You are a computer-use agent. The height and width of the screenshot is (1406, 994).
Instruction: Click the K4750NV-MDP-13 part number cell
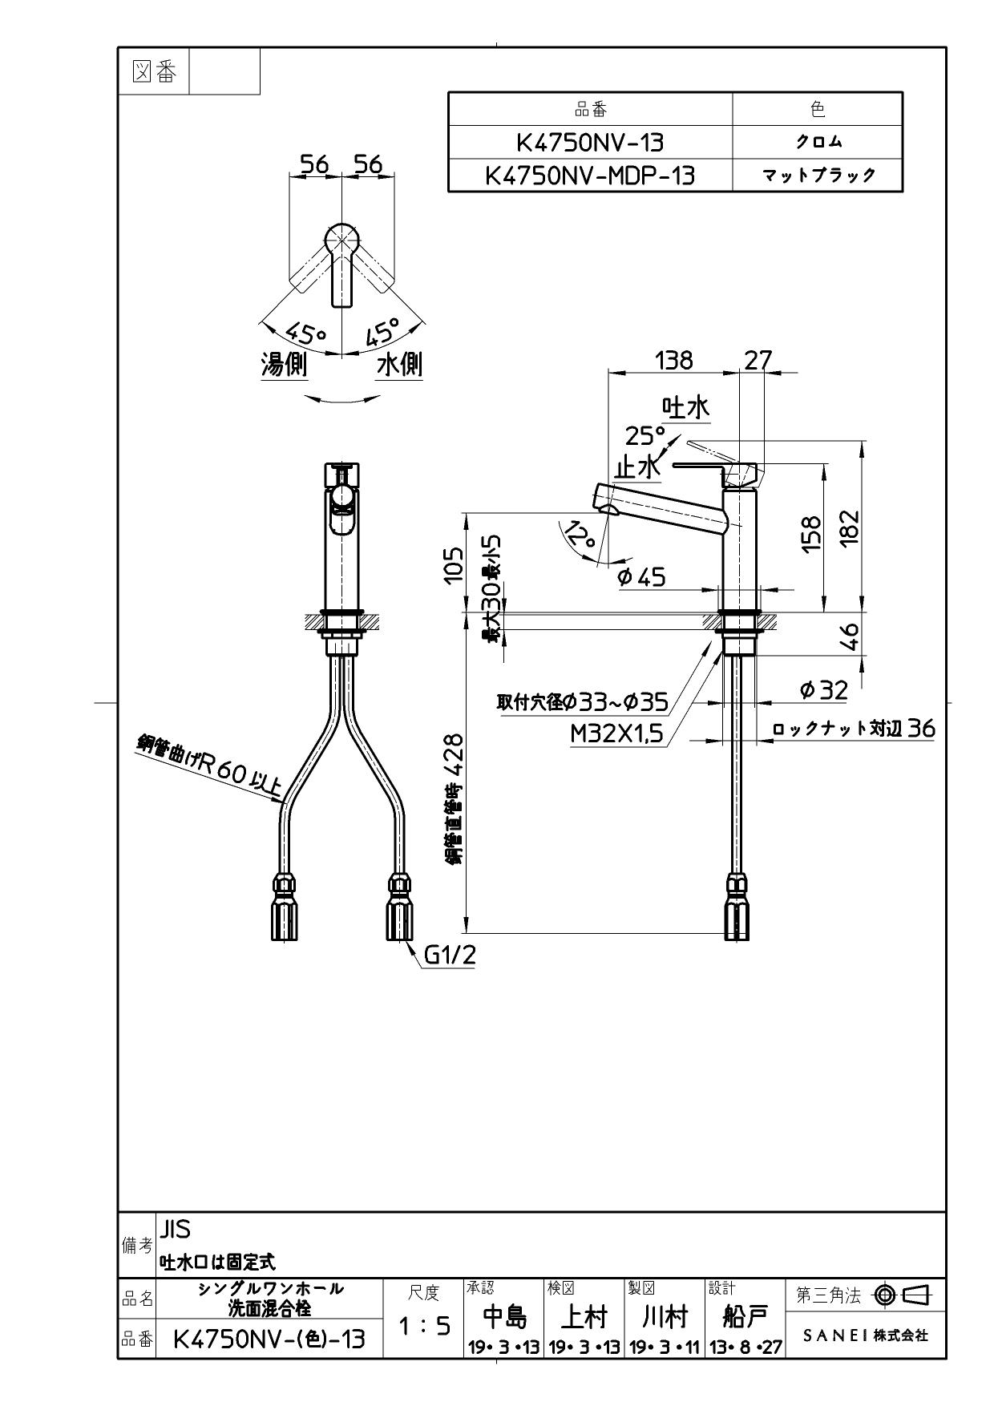click(x=590, y=176)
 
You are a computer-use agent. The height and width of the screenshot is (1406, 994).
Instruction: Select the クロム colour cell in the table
click(x=818, y=143)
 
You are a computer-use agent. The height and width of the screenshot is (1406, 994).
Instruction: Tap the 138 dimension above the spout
click(x=673, y=361)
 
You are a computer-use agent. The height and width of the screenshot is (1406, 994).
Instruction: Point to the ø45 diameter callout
click(x=642, y=576)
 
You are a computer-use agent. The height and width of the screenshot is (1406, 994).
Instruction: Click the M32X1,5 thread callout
click(x=617, y=734)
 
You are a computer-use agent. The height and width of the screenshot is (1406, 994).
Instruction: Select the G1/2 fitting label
click(x=449, y=955)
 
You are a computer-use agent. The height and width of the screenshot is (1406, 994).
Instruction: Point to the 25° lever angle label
click(x=645, y=436)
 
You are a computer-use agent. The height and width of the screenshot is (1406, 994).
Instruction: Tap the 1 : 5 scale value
click(x=423, y=1327)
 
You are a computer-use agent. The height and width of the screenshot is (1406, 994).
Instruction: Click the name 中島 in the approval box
click(x=503, y=1316)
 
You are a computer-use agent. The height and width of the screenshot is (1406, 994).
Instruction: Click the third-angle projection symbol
click(x=901, y=1295)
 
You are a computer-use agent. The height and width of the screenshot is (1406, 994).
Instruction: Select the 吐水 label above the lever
click(x=685, y=408)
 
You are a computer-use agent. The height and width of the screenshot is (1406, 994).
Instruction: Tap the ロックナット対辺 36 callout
click(x=854, y=729)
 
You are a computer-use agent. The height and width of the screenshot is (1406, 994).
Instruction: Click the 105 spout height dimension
click(x=454, y=564)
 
